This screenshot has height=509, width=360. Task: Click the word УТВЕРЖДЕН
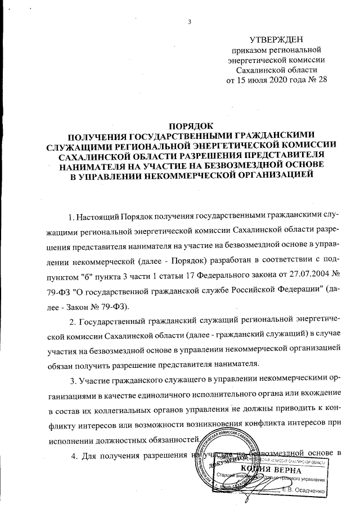[276, 39]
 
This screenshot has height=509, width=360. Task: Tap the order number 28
[321, 80]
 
